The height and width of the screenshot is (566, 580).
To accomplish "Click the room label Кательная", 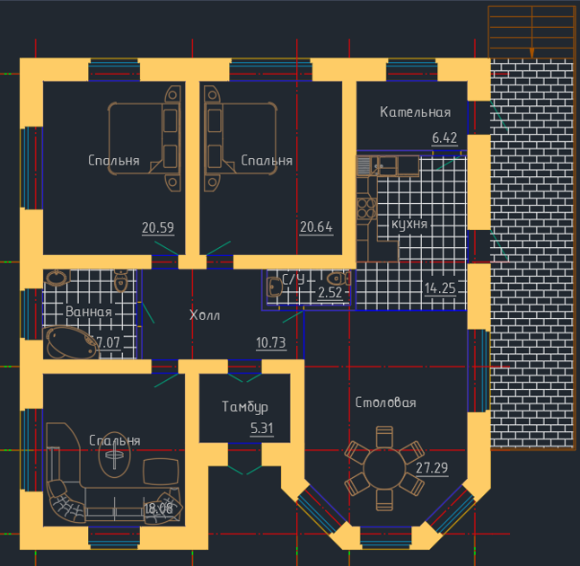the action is coord(415,112).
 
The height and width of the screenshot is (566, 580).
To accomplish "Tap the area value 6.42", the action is coord(444,137).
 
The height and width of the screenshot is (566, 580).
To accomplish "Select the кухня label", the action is coord(409,224).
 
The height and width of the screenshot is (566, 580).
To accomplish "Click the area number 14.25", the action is coord(441,288).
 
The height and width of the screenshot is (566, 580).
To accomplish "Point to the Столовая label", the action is coord(385,402).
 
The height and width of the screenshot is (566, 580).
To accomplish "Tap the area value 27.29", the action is coord(432,467).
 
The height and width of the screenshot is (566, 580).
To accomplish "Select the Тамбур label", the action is coord(245,407).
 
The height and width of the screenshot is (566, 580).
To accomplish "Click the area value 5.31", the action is coord(261,428).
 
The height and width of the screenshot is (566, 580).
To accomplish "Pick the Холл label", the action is coord(205,315).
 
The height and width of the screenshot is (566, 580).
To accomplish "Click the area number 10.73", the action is coord(270,341).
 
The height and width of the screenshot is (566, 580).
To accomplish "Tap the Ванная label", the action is coord(89,312).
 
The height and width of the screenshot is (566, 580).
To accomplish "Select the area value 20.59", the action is coord(157,227).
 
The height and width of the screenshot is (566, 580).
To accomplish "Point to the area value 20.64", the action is coord(316,227).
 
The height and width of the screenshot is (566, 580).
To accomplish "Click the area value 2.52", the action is coord(331,292).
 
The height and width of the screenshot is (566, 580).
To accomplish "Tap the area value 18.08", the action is coord(158,509).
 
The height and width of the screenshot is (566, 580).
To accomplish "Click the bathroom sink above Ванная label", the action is coord(57,279).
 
